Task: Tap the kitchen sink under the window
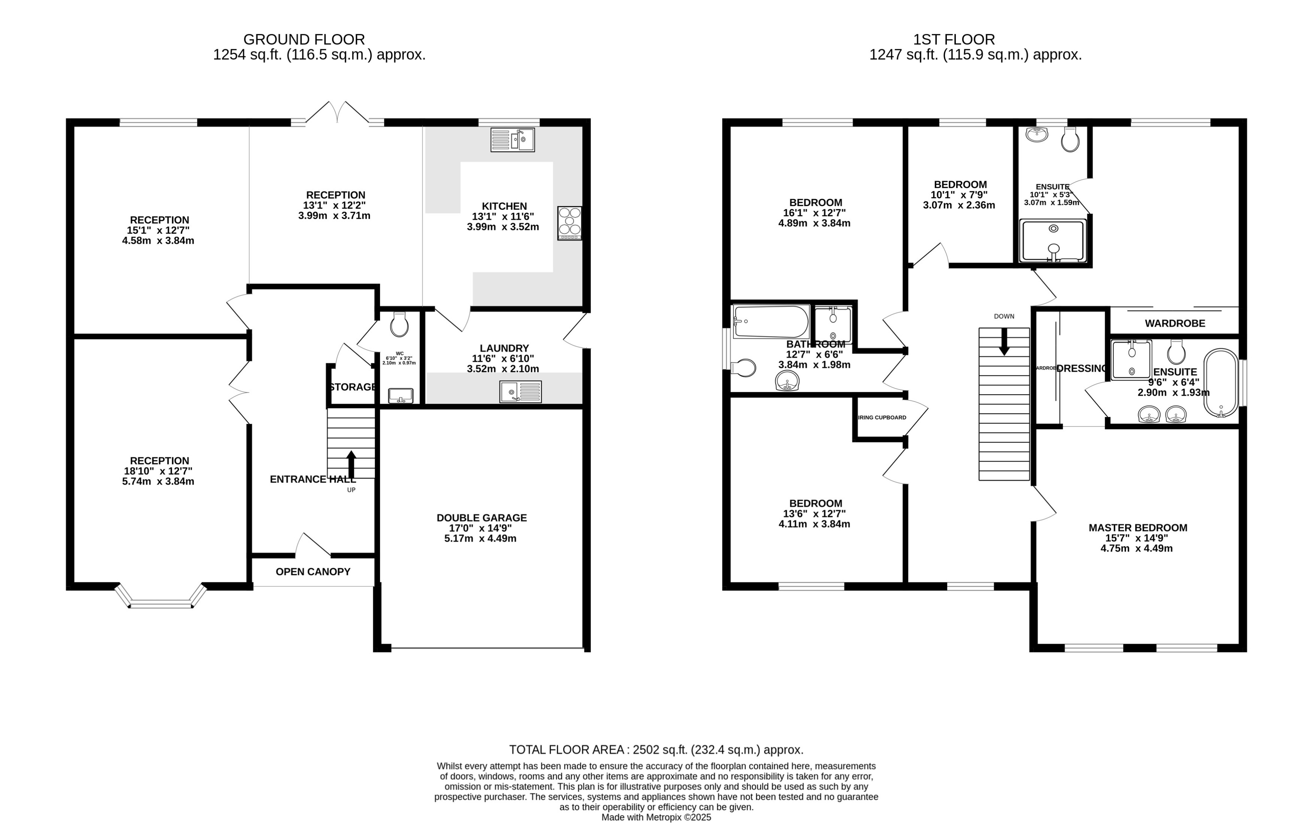pyautogui.click(x=512, y=140)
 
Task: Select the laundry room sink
pyautogui.click(x=520, y=391)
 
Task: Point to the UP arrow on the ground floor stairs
pyautogui.click(x=351, y=464)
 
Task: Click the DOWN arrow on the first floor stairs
pyautogui.click(x=1004, y=342)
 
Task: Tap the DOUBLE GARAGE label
pyautogui.click(x=481, y=518)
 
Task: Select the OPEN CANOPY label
pyautogui.click(x=312, y=572)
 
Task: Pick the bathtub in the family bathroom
pyautogui.click(x=771, y=322)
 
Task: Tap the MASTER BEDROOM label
pyautogui.click(x=1137, y=527)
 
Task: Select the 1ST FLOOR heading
pyautogui.click(x=953, y=39)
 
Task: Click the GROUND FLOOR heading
pyautogui.click(x=304, y=39)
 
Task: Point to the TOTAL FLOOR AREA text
pyautogui.click(x=656, y=749)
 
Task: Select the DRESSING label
pyautogui.click(x=1081, y=368)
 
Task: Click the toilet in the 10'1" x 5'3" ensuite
pyautogui.click(x=1070, y=140)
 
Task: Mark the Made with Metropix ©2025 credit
pyautogui.click(x=656, y=817)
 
